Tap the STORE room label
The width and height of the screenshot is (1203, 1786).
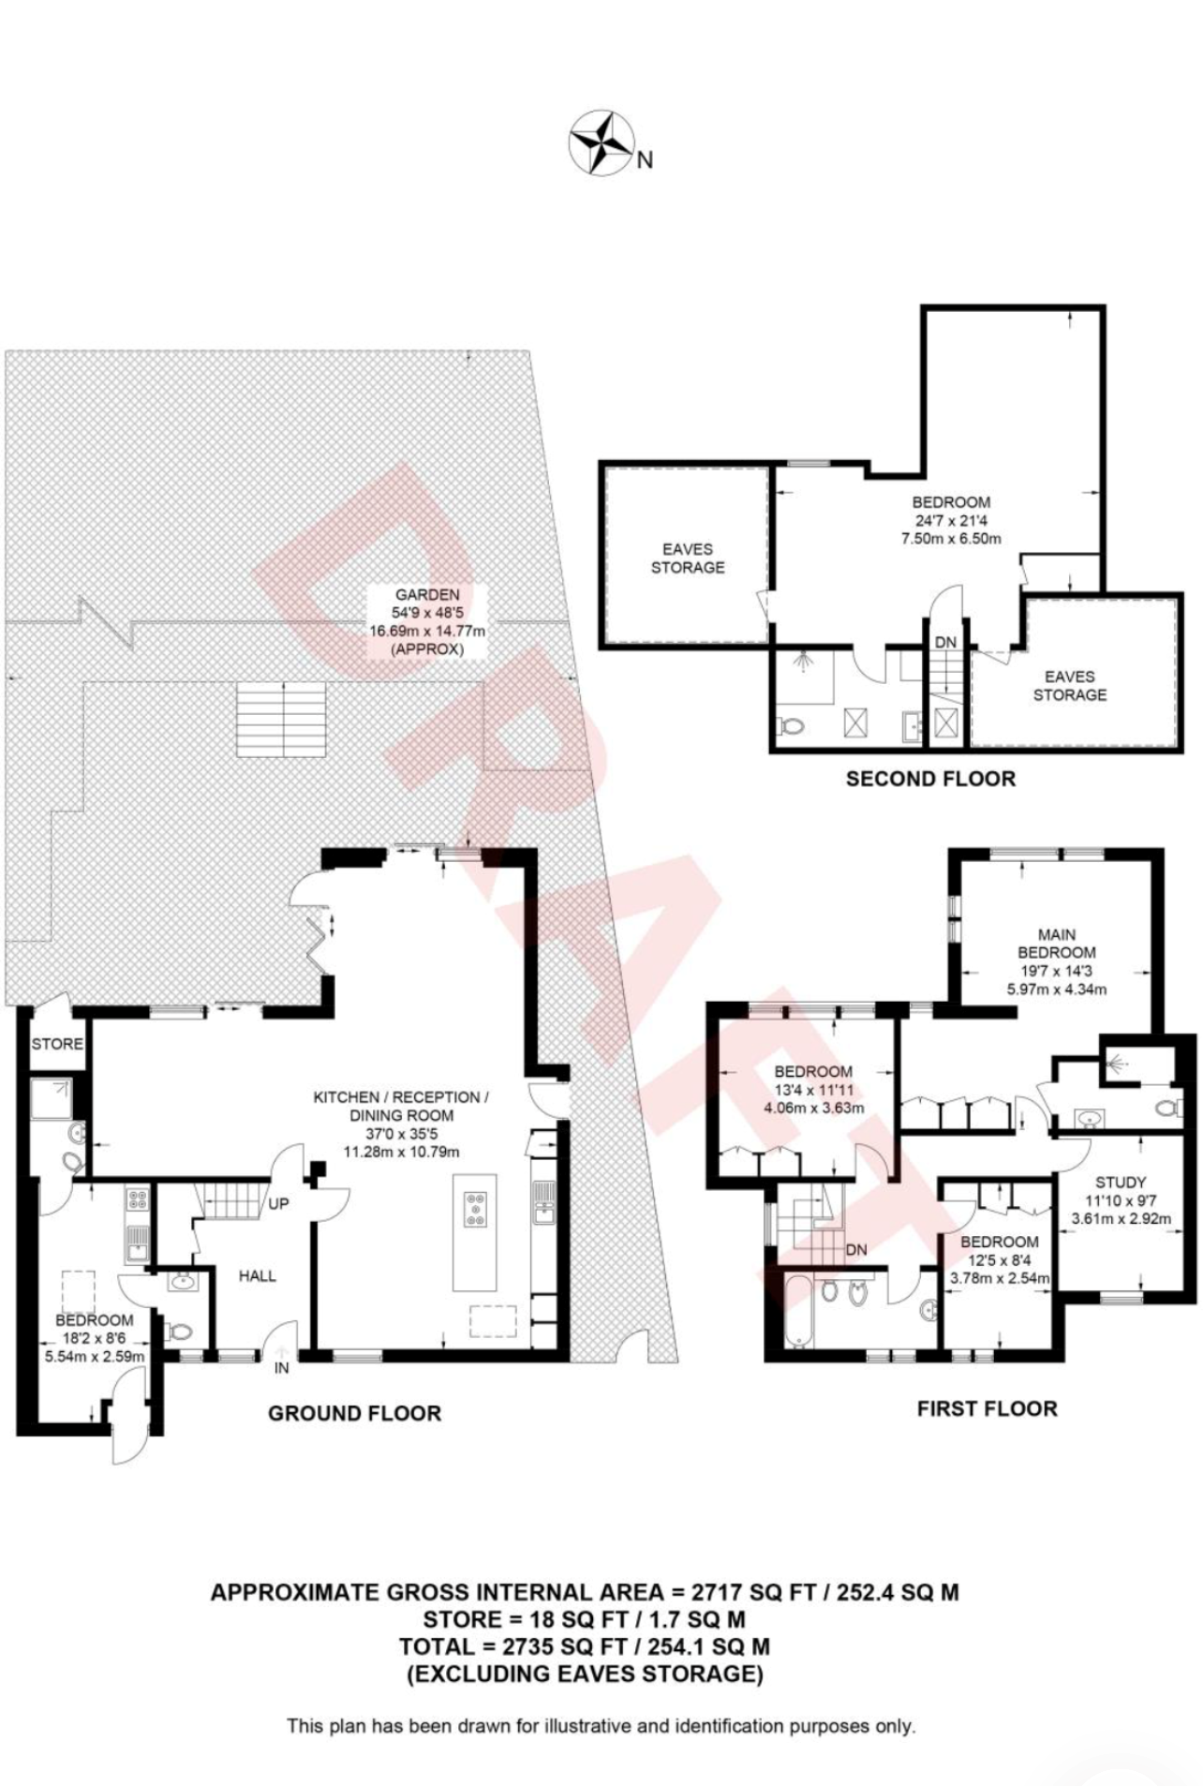[57, 1044]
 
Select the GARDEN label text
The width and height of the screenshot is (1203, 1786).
[427, 594]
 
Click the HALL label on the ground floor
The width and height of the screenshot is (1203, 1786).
[257, 1275]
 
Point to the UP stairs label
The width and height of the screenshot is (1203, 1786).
[278, 1203]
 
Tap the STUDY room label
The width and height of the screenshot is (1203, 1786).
[1121, 1183]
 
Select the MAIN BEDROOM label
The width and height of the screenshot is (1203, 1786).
[1057, 943]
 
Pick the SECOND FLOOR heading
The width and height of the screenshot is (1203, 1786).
[930, 779]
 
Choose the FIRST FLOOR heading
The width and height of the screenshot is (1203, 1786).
[987, 1408]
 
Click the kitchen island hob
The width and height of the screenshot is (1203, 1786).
[476, 1208]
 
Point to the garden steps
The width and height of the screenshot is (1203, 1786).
[281, 720]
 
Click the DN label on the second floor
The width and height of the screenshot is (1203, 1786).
[945, 642]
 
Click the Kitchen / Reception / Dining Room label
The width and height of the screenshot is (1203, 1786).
[401, 1106]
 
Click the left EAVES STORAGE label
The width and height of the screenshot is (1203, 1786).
[688, 558]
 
